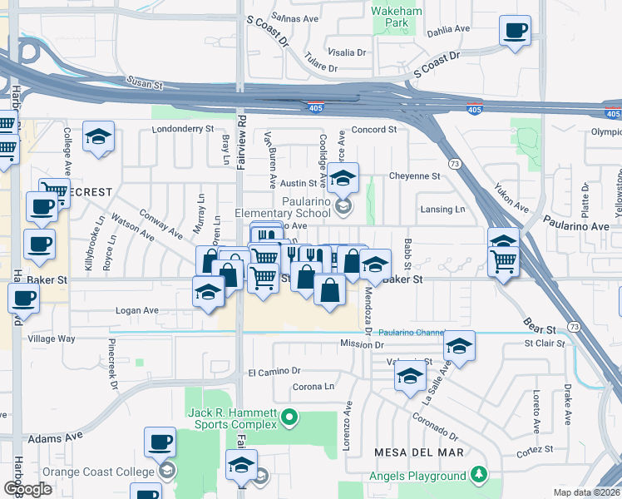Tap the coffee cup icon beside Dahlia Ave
(x=515, y=32)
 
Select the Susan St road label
(x=143, y=82)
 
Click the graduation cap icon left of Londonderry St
(x=98, y=138)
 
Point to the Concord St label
(x=373, y=130)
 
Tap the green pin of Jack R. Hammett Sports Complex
(x=289, y=416)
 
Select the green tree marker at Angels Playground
(x=478, y=475)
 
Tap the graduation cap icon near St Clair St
(x=458, y=346)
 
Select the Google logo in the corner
(x=27, y=488)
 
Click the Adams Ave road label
(x=56, y=436)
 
